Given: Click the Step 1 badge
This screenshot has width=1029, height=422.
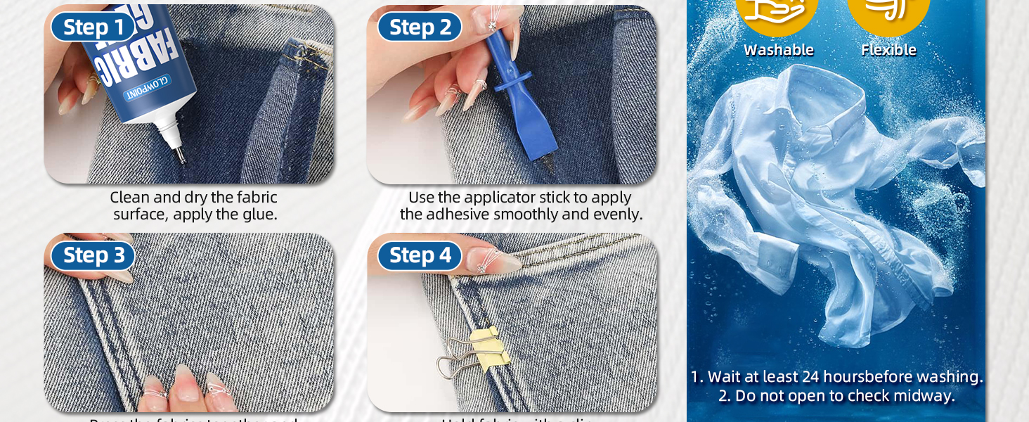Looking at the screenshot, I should coord(93,27).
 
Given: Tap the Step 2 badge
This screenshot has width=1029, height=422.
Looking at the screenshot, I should coord(419,27).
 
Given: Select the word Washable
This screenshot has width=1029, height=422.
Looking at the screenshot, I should coord(778,50).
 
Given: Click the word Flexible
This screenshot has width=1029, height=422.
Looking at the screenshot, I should coord(888,50).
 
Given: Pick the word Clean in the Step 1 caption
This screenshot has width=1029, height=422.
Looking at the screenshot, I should coord(130,198).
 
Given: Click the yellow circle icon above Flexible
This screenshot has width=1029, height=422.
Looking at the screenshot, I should coord(888,11).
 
